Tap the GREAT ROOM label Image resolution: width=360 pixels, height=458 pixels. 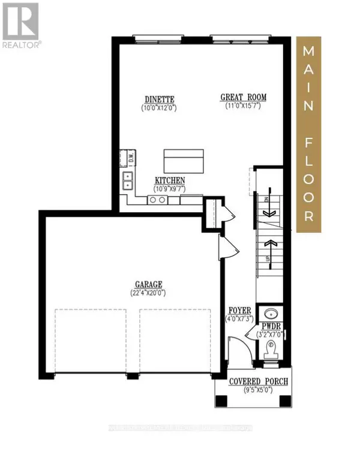tap(244, 97)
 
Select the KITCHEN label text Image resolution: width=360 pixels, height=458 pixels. tap(170, 180)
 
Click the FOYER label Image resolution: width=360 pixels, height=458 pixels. tap(239, 311)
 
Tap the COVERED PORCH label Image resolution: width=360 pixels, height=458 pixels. tap(259, 381)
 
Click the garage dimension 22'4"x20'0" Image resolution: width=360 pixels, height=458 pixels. tap(149, 293)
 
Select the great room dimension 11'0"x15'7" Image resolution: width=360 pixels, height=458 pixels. tap(244, 107)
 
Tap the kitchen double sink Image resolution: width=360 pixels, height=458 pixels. tap(128, 180)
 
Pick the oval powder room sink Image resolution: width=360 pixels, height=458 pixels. tap(269, 314)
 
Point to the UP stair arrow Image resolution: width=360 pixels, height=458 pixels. tap(269, 246)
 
